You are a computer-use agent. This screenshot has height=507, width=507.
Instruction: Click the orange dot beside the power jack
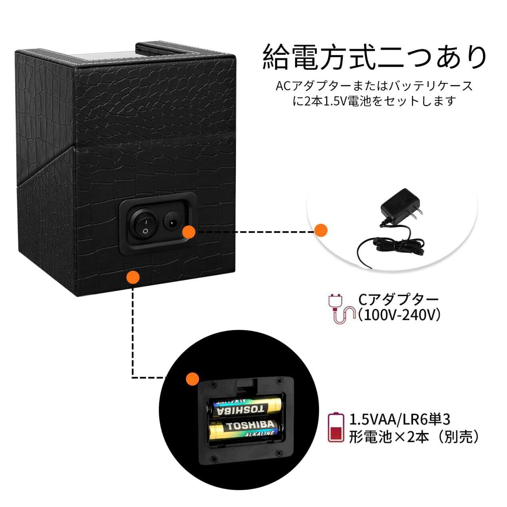(x=189, y=232)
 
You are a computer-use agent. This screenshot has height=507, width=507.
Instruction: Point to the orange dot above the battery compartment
(x=192, y=379)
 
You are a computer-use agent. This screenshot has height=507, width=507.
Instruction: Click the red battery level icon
(x=336, y=428)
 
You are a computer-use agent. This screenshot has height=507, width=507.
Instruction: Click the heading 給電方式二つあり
(x=375, y=57)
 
